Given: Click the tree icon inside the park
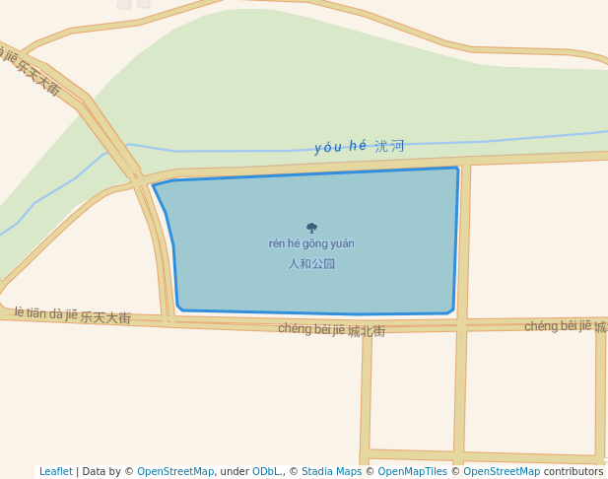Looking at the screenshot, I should coord(311,228).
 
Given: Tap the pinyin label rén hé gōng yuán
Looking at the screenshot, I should coord(311,243).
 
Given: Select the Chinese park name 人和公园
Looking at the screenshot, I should coord(311,264).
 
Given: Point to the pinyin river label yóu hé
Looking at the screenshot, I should coord(340,147).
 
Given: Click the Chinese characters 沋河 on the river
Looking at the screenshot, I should coord(389,146).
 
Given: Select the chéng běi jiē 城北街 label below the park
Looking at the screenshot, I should coord(331,329).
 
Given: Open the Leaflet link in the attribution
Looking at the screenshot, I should coord(56,472).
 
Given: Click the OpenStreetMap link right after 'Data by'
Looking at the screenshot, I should coord(175,472).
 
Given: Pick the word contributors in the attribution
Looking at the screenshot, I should coord(574,472).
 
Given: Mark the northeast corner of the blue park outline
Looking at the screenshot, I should coord(457,169).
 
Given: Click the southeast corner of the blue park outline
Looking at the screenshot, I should coord(451,312).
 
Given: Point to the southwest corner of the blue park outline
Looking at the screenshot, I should coord(180,308).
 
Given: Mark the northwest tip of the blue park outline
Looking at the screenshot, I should coord(154,185).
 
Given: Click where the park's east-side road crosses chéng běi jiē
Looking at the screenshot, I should coord(461,325).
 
